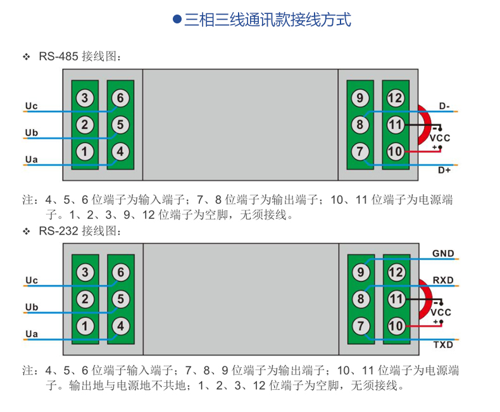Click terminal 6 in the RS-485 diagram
click(120, 98)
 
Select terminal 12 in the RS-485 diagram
click(396, 98)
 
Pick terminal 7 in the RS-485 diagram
click(360, 152)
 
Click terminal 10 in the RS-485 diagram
click(396, 152)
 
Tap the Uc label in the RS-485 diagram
click(31, 106)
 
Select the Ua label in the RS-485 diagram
click(31, 159)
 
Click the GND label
click(443, 254)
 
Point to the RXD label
click(443, 280)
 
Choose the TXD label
click(443, 345)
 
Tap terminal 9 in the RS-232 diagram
click(360, 272)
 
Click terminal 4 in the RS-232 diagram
click(120, 326)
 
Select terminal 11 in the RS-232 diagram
click(396, 299)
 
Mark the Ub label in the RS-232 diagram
click(31, 307)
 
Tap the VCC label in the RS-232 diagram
click(441, 313)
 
